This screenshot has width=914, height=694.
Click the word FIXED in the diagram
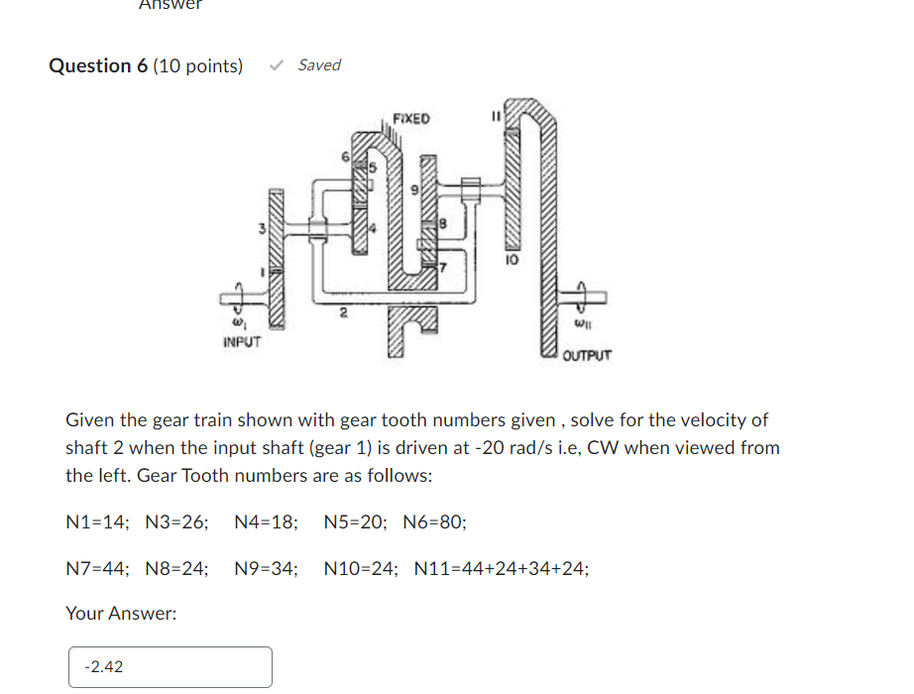(x=411, y=119)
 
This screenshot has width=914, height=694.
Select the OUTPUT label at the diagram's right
(x=587, y=354)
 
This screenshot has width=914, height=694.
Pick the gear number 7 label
(x=444, y=268)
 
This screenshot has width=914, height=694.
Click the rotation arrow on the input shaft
(x=238, y=293)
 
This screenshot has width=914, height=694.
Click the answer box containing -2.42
(x=170, y=667)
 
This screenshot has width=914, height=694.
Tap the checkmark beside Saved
(x=278, y=65)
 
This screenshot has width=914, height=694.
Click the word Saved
(x=319, y=65)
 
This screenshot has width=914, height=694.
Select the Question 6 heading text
(x=98, y=66)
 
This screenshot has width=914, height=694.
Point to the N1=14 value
(x=94, y=521)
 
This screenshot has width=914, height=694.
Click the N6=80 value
(x=434, y=521)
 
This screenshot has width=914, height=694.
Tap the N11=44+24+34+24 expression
(x=501, y=569)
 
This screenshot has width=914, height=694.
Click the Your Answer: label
(x=121, y=614)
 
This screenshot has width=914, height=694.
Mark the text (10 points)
(x=197, y=66)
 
